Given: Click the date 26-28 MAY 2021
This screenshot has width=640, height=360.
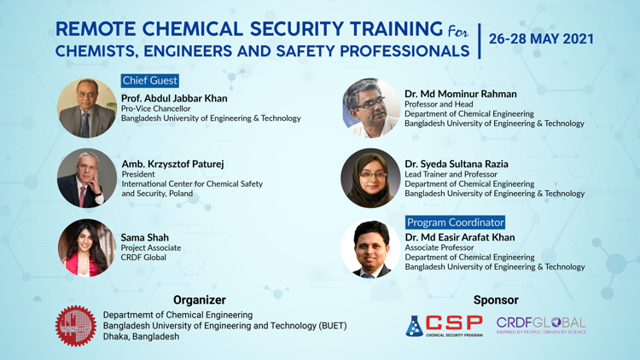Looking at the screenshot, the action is (541, 38).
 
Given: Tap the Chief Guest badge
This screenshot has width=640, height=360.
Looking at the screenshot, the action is (150, 80).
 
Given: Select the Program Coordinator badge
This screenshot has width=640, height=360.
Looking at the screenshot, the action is (455, 223).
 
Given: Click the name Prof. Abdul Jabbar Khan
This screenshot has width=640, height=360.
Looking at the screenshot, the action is (174, 98).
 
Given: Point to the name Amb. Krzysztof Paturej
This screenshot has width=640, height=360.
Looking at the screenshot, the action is (172, 164).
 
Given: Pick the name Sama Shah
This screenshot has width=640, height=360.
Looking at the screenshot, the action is (144, 237).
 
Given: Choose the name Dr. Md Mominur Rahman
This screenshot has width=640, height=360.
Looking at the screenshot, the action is (461, 94).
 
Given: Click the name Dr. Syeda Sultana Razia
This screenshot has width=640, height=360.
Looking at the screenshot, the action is (457, 164).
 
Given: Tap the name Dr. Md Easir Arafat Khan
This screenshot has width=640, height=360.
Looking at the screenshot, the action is (460, 237).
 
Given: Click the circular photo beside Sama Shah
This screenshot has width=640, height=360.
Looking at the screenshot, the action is (87, 247).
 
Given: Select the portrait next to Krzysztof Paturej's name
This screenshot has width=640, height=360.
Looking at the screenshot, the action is (87, 178).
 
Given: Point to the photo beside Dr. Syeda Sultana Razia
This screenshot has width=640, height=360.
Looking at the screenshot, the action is (370, 178).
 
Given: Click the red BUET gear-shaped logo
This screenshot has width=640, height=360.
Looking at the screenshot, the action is (76, 326).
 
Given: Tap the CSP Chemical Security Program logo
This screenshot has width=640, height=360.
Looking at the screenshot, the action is (444, 326).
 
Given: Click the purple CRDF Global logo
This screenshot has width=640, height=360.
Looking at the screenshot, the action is (541, 325).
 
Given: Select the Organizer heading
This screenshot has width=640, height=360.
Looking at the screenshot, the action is (199, 300).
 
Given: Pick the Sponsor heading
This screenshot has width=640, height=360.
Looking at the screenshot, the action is (496, 300).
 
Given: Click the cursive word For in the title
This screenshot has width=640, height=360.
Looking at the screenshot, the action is (458, 32).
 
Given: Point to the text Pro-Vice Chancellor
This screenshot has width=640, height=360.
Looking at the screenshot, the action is (155, 108).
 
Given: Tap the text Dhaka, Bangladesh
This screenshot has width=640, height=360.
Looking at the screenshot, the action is (141, 337).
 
